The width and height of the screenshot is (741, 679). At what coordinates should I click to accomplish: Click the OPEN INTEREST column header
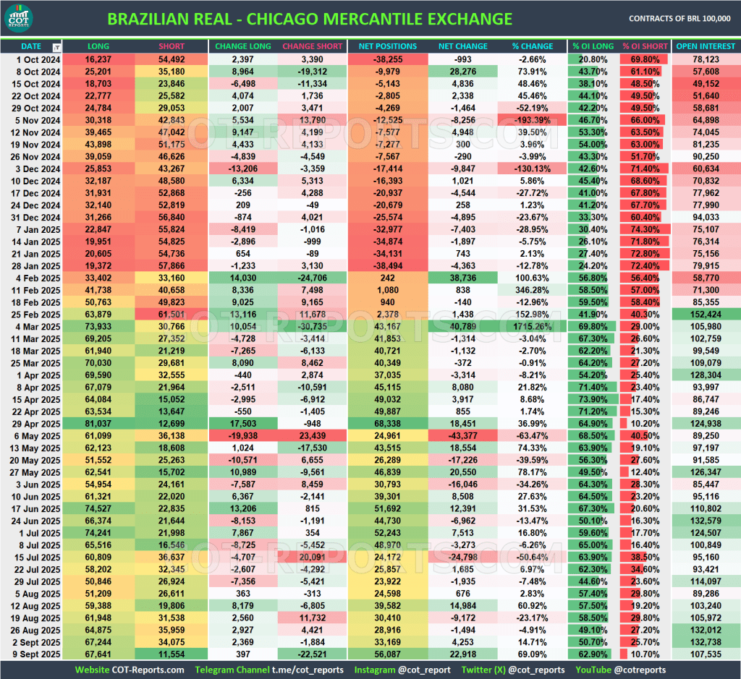[x=706, y=46]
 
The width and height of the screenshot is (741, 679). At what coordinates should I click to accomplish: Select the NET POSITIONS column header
[x=387, y=46]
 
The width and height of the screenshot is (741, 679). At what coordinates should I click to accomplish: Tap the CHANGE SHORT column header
[x=312, y=46]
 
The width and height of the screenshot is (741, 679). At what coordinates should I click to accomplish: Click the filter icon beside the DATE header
[x=57, y=47]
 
